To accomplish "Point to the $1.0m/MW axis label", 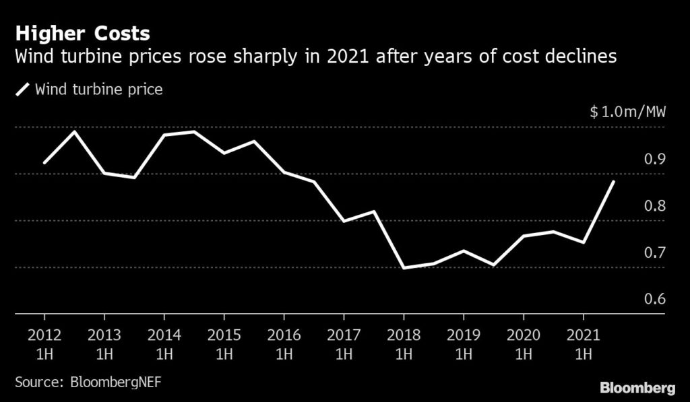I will pos(627,112).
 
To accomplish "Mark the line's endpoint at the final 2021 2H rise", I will pos(613,181).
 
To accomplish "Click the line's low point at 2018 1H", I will pos(403,268).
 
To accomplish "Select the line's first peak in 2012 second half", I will pos(74,131).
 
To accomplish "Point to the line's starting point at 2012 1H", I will pos(44,163).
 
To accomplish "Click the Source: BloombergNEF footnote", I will pos(88,382).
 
